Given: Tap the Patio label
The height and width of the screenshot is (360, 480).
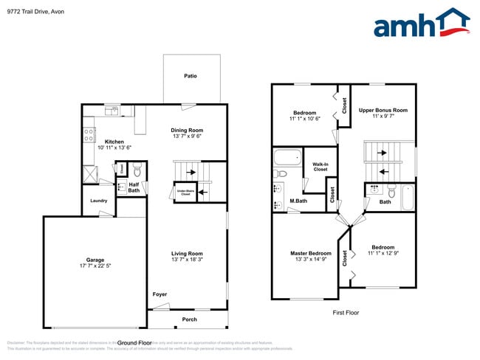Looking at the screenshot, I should pyautogui.click(x=191, y=76).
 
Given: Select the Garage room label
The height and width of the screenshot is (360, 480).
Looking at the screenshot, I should pyautogui.click(x=95, y=260).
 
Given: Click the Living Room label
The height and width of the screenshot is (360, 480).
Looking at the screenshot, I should pyautogui.click(x=187, y=254).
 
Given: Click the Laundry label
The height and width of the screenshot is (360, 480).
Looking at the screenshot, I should pyautogui.click(x=99, y=201).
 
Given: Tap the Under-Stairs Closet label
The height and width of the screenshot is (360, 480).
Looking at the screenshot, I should pyautogui.click(x=184, y=193).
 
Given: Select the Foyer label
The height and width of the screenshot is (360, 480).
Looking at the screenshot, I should pyautogui.click(x=160, y=294).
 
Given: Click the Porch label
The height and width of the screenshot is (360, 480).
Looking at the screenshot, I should pyautogui.click(x=189, y=319).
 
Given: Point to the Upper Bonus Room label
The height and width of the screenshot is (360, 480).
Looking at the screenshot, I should pyautogui.click(x=383, y=111).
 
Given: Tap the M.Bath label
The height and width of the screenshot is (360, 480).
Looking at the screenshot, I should pyautogui.click(x=298, y=201).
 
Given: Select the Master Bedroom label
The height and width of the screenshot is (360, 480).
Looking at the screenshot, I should pyautogui.click(x=310, y=254).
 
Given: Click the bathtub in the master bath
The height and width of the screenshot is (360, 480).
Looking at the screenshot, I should pyautogui.click(x=287, y=157).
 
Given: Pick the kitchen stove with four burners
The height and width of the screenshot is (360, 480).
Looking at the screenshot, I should pyautogui.click(x=89, y=134).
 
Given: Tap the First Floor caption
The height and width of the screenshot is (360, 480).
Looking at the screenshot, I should pyautogui.click(x=344, y=313).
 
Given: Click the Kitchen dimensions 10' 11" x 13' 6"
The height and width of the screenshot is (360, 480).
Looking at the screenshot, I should pyautogui.click(x=114, y=148).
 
